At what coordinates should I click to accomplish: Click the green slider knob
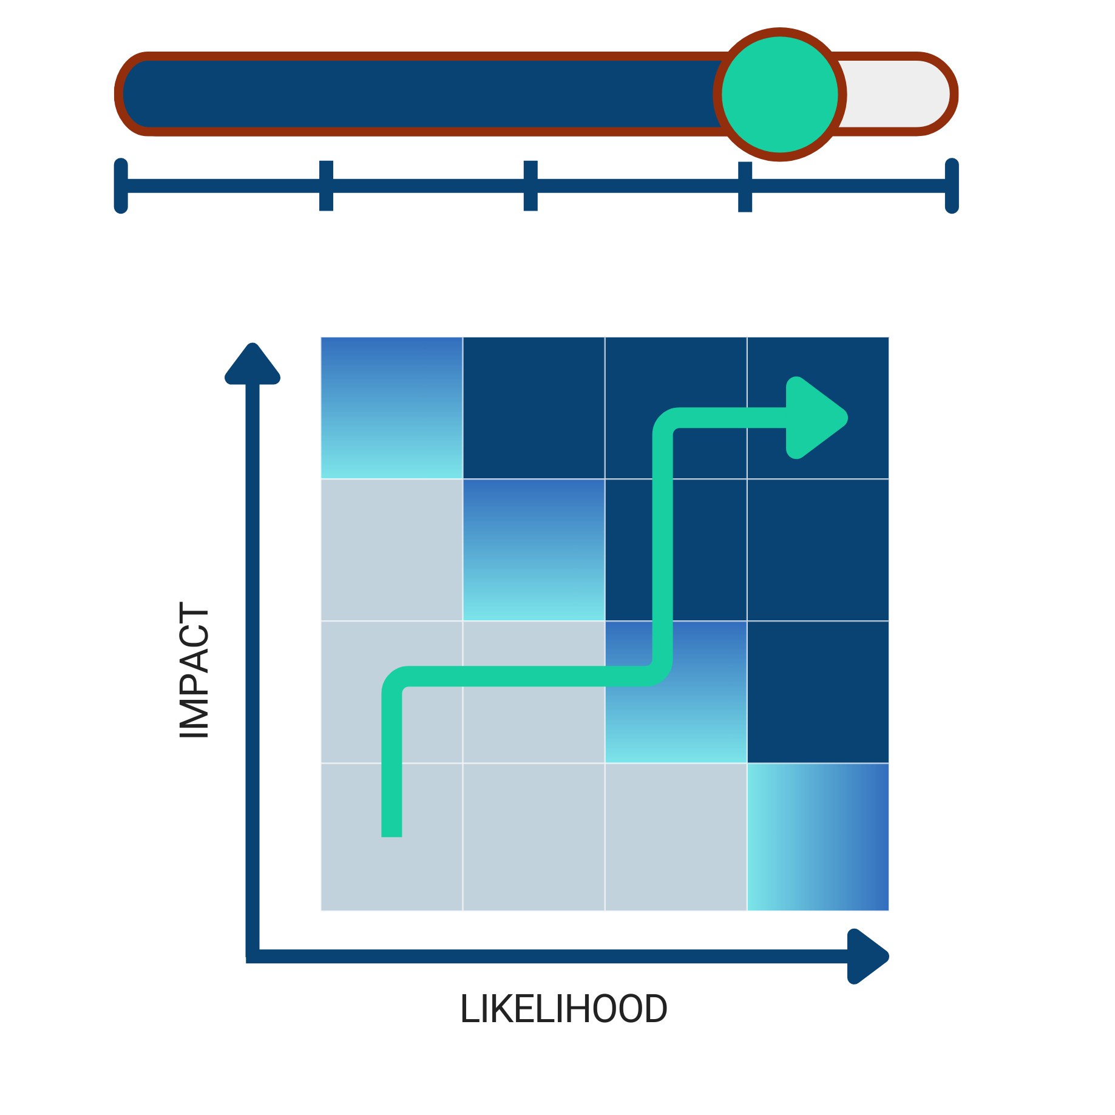pyautogui.click(x=780, y=95)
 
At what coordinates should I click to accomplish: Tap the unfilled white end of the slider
pyautogui.click(x=895, y=94)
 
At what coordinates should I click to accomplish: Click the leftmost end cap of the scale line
pyautogui.click(x=121, y=186)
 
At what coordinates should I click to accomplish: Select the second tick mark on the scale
pyautogui.click(x=327, y=186)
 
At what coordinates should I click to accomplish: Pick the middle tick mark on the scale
pyautogui.click(x=530, y=186)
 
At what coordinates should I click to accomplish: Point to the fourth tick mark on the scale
pyautogui.click(x=745, y=186)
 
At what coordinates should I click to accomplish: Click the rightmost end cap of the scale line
pyautogui.click(x=952, y=186)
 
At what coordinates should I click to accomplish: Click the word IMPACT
pyautogui.click(x=194, y=669)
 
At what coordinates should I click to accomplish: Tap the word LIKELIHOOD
pyautogui.click(x=563, y=1009)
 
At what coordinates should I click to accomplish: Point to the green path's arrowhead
pyautogui.click(x=813, y=418)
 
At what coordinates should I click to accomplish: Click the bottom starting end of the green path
pyautogui.click(x=391, y=829)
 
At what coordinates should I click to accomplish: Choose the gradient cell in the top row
pyautogui.click(x=391, y=408)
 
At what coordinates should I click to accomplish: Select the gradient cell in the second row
pyautogui.click(x=534, y=550)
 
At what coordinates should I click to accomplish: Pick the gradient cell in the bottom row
pyautogui.click(x=818, y=837)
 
